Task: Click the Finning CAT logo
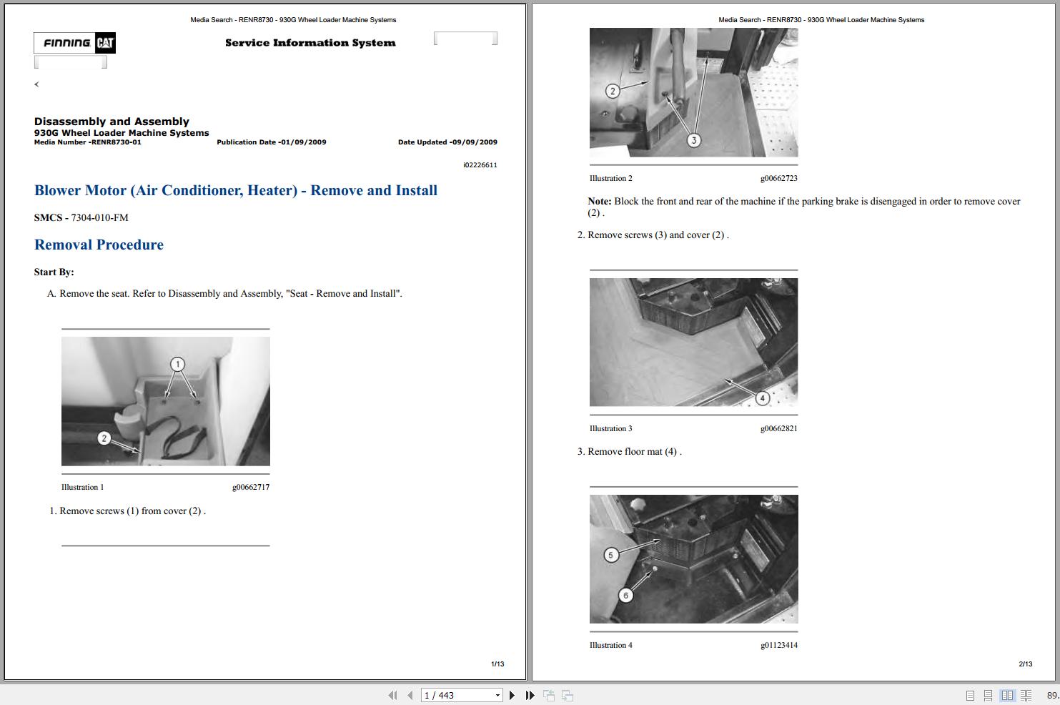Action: [74, 43]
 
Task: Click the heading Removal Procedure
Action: [99, 245]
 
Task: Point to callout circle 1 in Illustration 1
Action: [177, 365]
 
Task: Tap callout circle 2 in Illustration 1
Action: [104, 438]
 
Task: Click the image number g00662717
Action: [250, 488]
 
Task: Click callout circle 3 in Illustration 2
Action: [693, 140]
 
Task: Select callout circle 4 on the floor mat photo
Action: [762, 398]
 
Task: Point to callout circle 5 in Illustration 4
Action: [610, 555]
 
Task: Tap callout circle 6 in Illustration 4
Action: [625, 595]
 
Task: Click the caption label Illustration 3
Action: [610, 429]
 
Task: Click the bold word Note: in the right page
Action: [599, 202]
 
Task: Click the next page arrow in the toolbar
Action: [512, 695]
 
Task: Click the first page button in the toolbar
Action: [392, 695]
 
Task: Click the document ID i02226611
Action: [480, 165]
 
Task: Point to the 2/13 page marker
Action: [1025, 664]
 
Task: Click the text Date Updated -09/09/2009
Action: [447, 142]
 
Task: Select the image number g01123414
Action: [778, 646]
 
